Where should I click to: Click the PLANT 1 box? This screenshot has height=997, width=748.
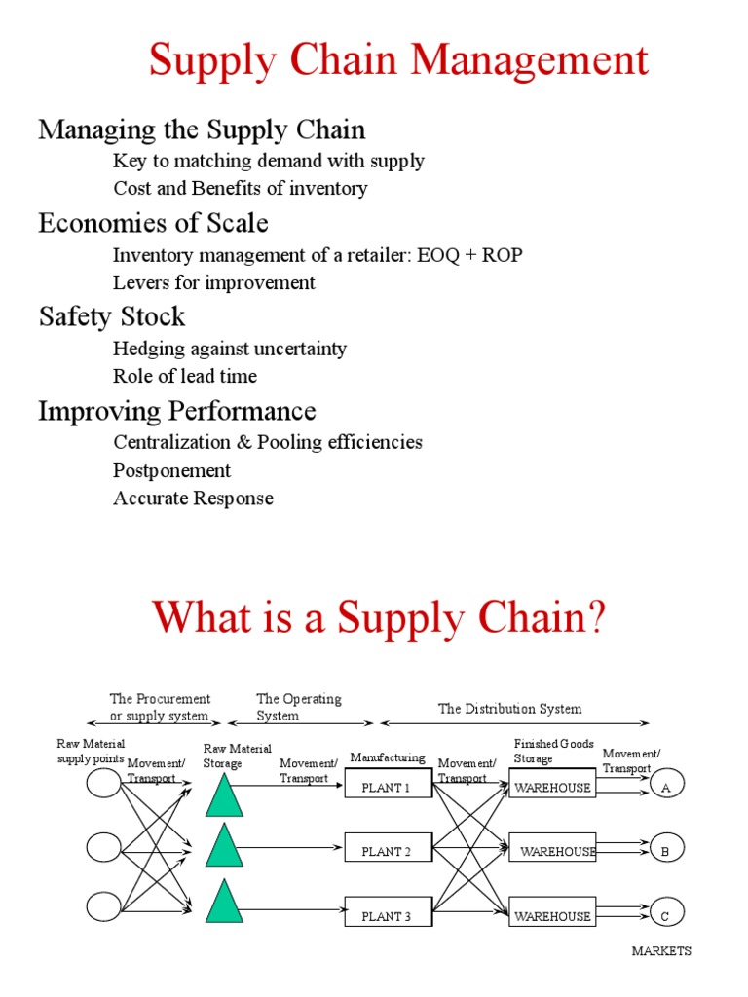coord(388,787)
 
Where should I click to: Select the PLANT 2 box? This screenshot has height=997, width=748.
coord(388,851)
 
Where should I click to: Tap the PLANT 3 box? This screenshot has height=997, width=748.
coord(388,915)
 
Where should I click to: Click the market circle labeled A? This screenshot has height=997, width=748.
coord(667,786)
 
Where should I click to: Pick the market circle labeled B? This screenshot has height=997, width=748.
coord(667,849)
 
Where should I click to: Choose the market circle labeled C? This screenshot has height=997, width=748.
coord(667,913)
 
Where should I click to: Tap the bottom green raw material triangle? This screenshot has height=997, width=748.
coord(224,902)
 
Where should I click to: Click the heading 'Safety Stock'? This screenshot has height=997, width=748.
coord(111,316)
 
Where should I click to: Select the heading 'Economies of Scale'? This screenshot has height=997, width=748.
coord(153,223)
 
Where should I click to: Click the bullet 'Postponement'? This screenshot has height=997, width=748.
coord(171,470)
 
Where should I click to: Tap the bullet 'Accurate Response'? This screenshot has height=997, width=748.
coord(193,498)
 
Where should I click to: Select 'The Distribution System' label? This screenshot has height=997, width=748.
coord(509,709)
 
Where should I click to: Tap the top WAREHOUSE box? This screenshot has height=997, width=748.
coord(552,787)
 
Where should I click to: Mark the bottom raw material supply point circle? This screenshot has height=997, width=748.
coord(103,907)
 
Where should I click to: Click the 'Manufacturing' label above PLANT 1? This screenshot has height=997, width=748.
coord(388,757)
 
